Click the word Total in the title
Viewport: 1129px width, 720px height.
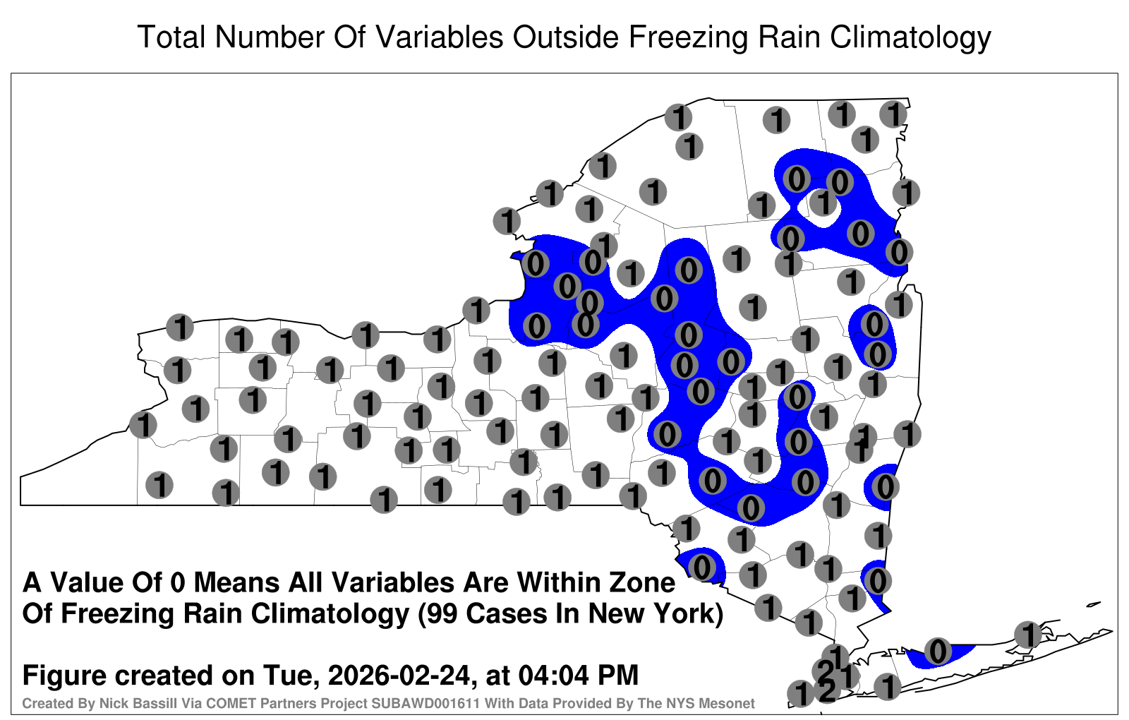172,37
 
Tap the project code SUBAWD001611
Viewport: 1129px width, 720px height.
426,703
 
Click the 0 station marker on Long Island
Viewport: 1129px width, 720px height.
938,651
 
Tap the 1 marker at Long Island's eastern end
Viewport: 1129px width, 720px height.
1027,635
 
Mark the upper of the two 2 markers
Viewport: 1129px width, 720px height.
826,671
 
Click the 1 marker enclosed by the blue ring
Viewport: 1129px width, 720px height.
823,202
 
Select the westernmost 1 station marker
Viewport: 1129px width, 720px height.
143,424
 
